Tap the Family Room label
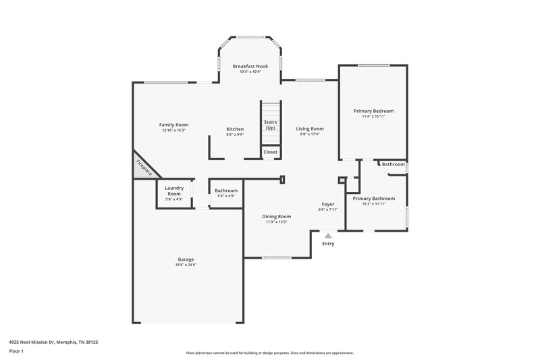(x=173, y=124)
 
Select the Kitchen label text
(x=235, y=129)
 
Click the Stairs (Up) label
(x=270, y=125)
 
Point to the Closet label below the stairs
(x=270, y=152)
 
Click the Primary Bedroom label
(x=373, y=111)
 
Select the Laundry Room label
(x=174, y=191)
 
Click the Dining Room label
(x=276, y=216)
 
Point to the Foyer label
(x=327, y=204)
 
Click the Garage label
(x=186, y=259)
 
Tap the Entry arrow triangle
(x=328, y=236)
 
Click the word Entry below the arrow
(x=328, y=244)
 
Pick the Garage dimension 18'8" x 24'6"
(x=186, y=265)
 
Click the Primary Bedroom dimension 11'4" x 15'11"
(x=373, y=116)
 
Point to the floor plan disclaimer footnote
(x=269, y=353)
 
